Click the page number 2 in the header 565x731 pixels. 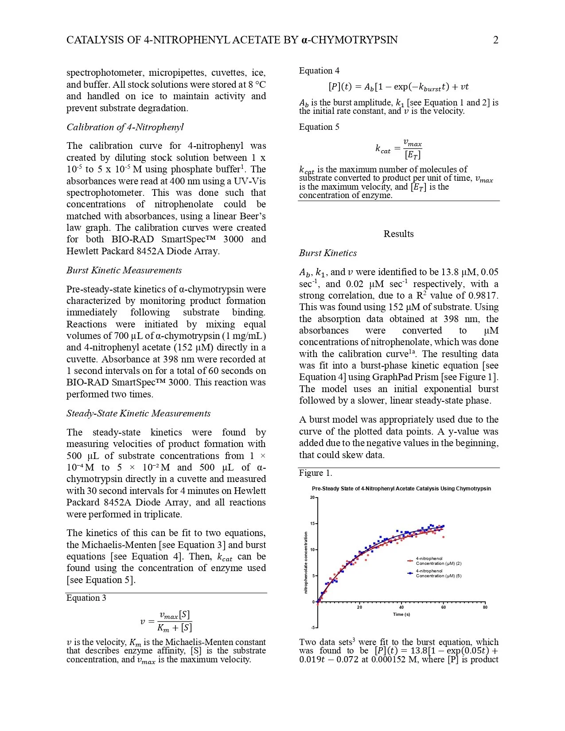(x=495, y=40)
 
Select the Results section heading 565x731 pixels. (x=398, y=234)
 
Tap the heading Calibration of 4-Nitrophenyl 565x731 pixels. (x=125, y=127)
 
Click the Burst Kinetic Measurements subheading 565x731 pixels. (x=124, y=270)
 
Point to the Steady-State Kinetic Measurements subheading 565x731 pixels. (x=138, y=413)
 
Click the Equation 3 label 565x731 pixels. (x=86, y=598)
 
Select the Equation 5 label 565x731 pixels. (x=319, y=127)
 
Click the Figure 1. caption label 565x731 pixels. (x=316, y=473)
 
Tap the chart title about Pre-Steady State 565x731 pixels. (x=401, y=489)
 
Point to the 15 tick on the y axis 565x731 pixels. (x=312, y=524)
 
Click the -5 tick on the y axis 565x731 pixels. (x=312, y=628)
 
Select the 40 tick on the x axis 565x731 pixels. (x=401, y=607)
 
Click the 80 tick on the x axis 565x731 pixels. (x=485, y=607)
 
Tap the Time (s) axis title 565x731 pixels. (x=401, y=614)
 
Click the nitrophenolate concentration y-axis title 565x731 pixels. (x=306, y=563)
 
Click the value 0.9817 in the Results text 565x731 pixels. (x=483, y=296)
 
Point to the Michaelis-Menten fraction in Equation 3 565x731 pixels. (x=175, y=621)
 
